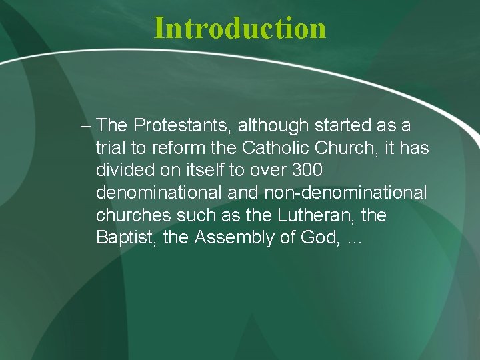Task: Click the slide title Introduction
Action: (240, 28)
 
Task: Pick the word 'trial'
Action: (111, 148)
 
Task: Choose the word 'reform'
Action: (177, 148)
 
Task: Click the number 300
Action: (308, 171)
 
